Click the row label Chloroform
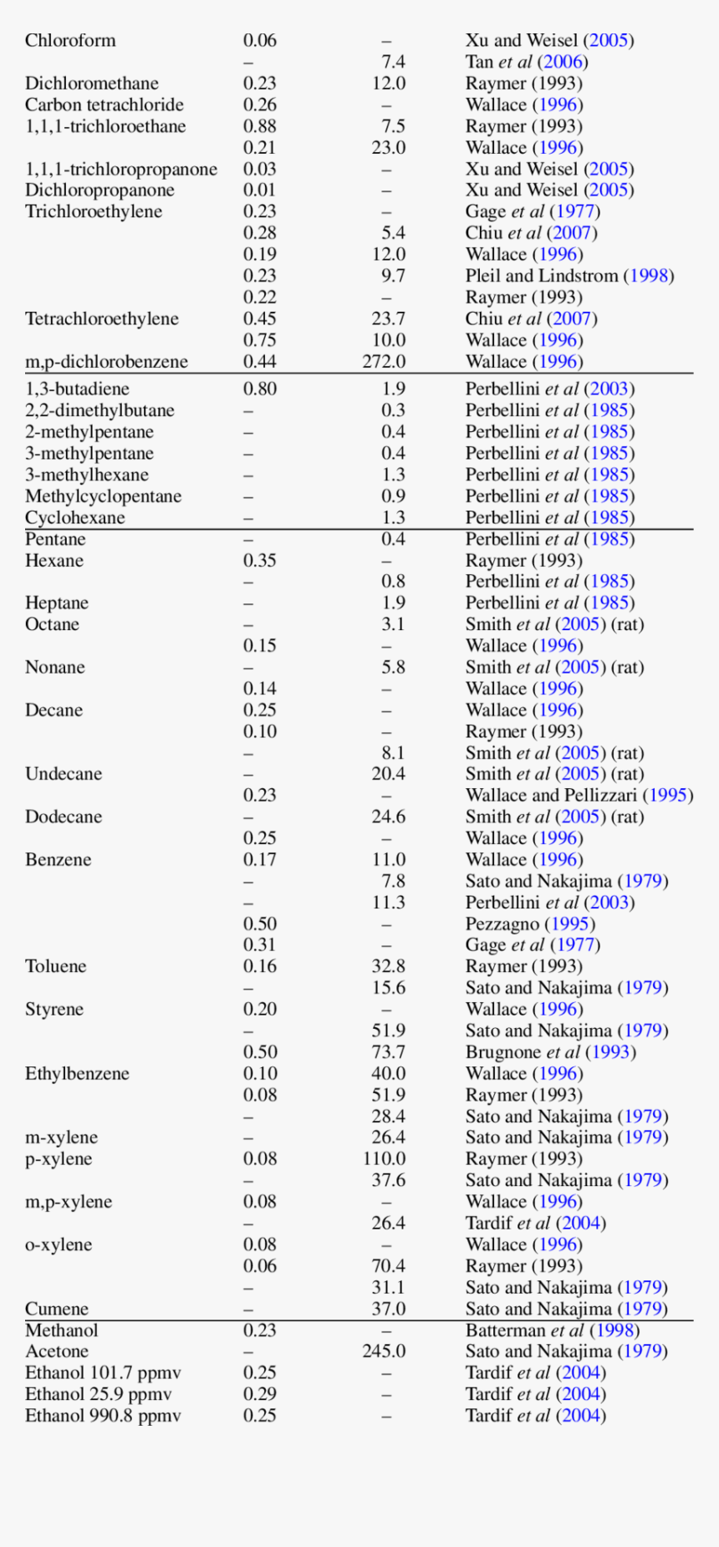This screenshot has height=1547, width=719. [x=70, y=40]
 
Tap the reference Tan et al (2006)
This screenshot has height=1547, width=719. [x=526, y=62]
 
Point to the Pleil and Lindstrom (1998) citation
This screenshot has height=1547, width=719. [x=569, y=276]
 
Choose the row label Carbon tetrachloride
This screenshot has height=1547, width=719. [x=104, y=104]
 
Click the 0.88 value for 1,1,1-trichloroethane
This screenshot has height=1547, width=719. [x=259, y=126]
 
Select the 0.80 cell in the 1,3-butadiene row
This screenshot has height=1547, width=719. [x=259, y=389]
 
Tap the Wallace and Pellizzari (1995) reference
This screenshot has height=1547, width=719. [x=579, y=795]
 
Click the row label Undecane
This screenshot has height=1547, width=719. [x=64, y=774]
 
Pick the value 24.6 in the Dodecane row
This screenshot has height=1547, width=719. [x=389, y=817]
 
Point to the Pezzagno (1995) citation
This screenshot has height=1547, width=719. [x=530, y=924]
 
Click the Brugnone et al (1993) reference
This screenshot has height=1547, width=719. [x=550, y=1052]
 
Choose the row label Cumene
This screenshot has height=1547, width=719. [x=56, y=1309]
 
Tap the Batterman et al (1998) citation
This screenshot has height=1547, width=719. [x=552, y=1331]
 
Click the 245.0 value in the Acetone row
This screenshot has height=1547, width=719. [x=384, y=1351]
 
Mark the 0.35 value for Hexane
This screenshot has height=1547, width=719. [x=259, y=561]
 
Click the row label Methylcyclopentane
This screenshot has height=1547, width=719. [x=103, y=496]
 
